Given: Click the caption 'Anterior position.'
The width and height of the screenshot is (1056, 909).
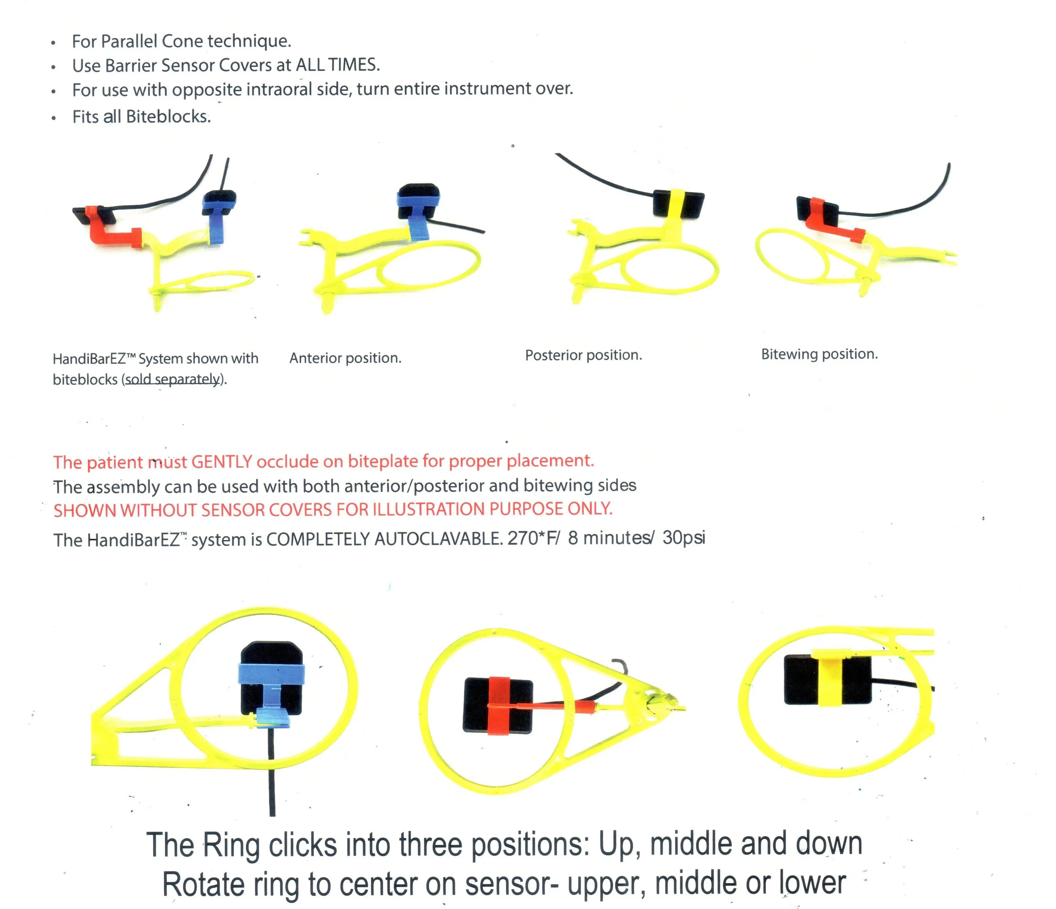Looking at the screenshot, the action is (345, 358).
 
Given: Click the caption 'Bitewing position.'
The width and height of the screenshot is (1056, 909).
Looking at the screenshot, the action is (819, 354).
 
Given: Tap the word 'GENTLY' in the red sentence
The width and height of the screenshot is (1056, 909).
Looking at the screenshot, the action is (221, 461).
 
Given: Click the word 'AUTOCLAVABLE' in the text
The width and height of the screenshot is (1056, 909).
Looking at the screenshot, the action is (436, 539).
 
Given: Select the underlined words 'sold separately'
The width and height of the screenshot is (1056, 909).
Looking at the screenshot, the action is (173, 379).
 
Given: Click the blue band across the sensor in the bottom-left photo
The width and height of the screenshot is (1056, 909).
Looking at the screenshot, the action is (272, 673).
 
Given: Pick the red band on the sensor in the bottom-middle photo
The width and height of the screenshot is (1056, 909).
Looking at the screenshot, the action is (498, 705).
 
